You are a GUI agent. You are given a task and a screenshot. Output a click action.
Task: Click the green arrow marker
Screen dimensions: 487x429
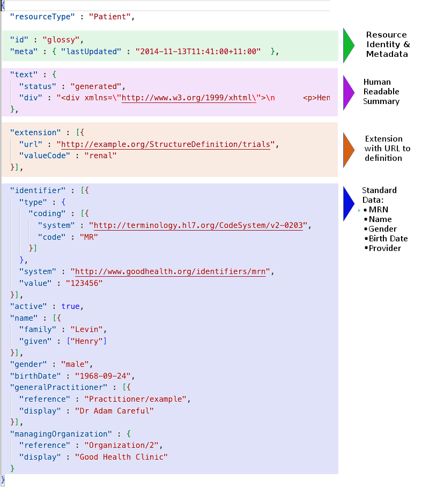click(348, 45)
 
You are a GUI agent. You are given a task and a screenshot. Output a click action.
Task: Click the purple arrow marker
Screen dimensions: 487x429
click(348, 92)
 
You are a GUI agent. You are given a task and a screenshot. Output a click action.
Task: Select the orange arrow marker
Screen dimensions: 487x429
click(348, 149)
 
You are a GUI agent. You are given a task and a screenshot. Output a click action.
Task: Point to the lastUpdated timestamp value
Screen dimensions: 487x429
click(198, 51)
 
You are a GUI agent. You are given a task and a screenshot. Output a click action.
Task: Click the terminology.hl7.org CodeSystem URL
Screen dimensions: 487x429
click(196, 225)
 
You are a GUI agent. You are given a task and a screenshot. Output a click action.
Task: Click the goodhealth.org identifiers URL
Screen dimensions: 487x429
click(172, 271)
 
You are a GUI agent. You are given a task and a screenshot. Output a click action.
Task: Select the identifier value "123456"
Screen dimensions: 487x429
click(84, 283)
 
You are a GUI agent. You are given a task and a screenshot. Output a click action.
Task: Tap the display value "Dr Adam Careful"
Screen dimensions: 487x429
click(114, 410)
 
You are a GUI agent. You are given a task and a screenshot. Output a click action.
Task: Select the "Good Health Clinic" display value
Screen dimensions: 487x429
click(121, 457)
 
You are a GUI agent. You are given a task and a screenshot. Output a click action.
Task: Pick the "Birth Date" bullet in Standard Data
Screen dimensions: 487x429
click(388, 239)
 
